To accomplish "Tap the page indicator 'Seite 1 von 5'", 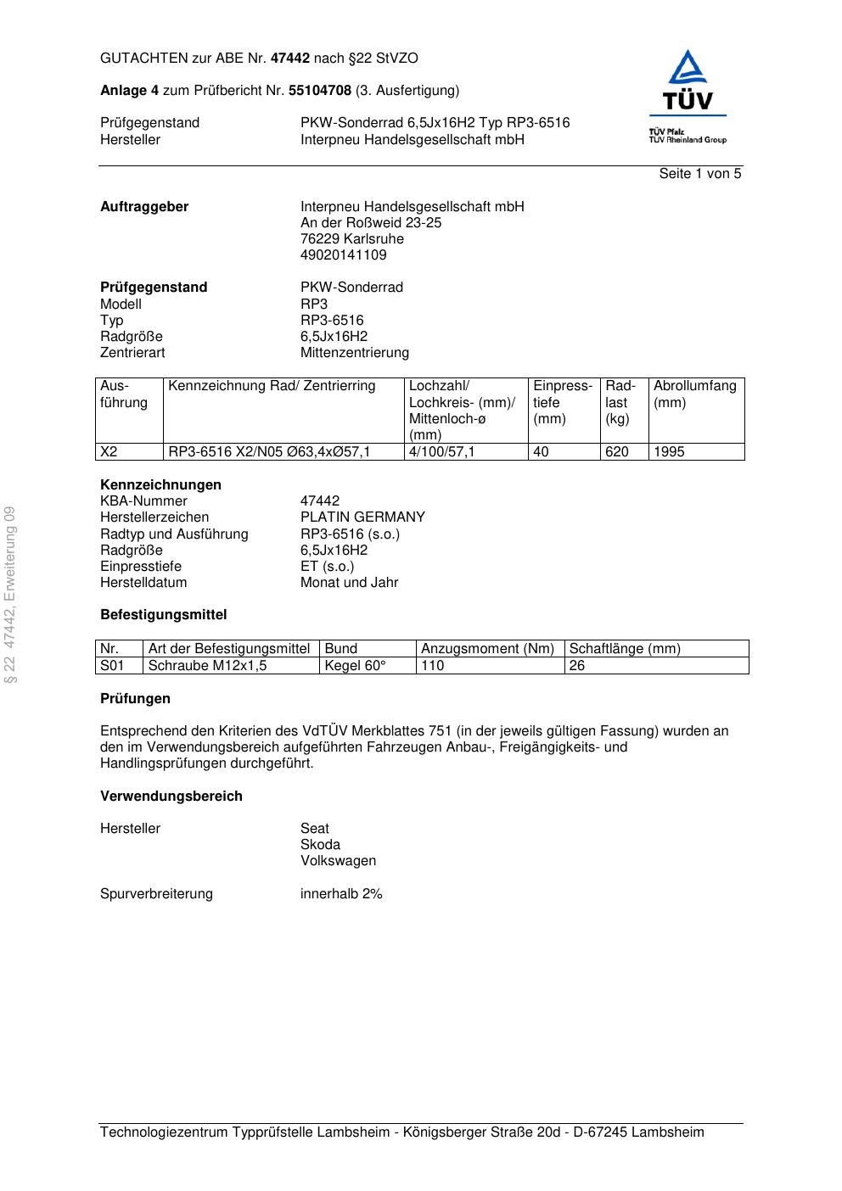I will (x=700, y=174).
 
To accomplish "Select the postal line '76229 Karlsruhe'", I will (x=352, y=239).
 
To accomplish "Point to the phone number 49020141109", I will (x=343, y=255).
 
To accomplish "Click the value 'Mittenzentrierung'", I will (x=354, y=353).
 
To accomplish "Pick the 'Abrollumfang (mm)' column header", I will (x=695, y=394).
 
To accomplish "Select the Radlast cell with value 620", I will (x=617, y=452).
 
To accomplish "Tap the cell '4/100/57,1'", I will (x=441, y=452).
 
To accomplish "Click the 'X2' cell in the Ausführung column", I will (x=109, y=452).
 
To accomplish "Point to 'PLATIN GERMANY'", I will (x=362, y=517).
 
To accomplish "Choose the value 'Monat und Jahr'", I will (x=349, y=583).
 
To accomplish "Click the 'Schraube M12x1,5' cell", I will (x=207, y=666).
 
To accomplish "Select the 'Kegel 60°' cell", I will (x=356, y=666).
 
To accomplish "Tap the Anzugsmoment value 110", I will (x=433, y=666).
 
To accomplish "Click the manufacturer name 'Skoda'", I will (x=320, y=845).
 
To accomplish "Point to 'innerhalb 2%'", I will (x=341, y=894).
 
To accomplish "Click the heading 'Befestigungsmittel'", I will (x=163, y=615).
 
